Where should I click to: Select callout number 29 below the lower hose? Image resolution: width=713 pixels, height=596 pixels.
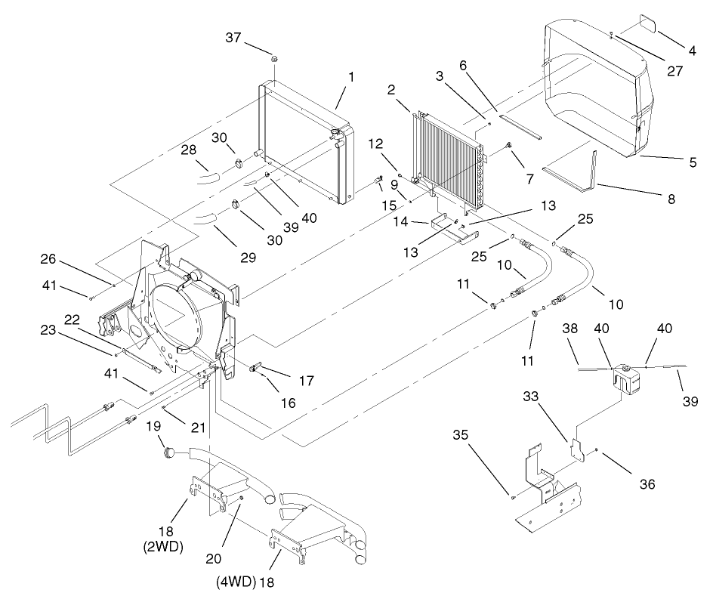tap(248, 258)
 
